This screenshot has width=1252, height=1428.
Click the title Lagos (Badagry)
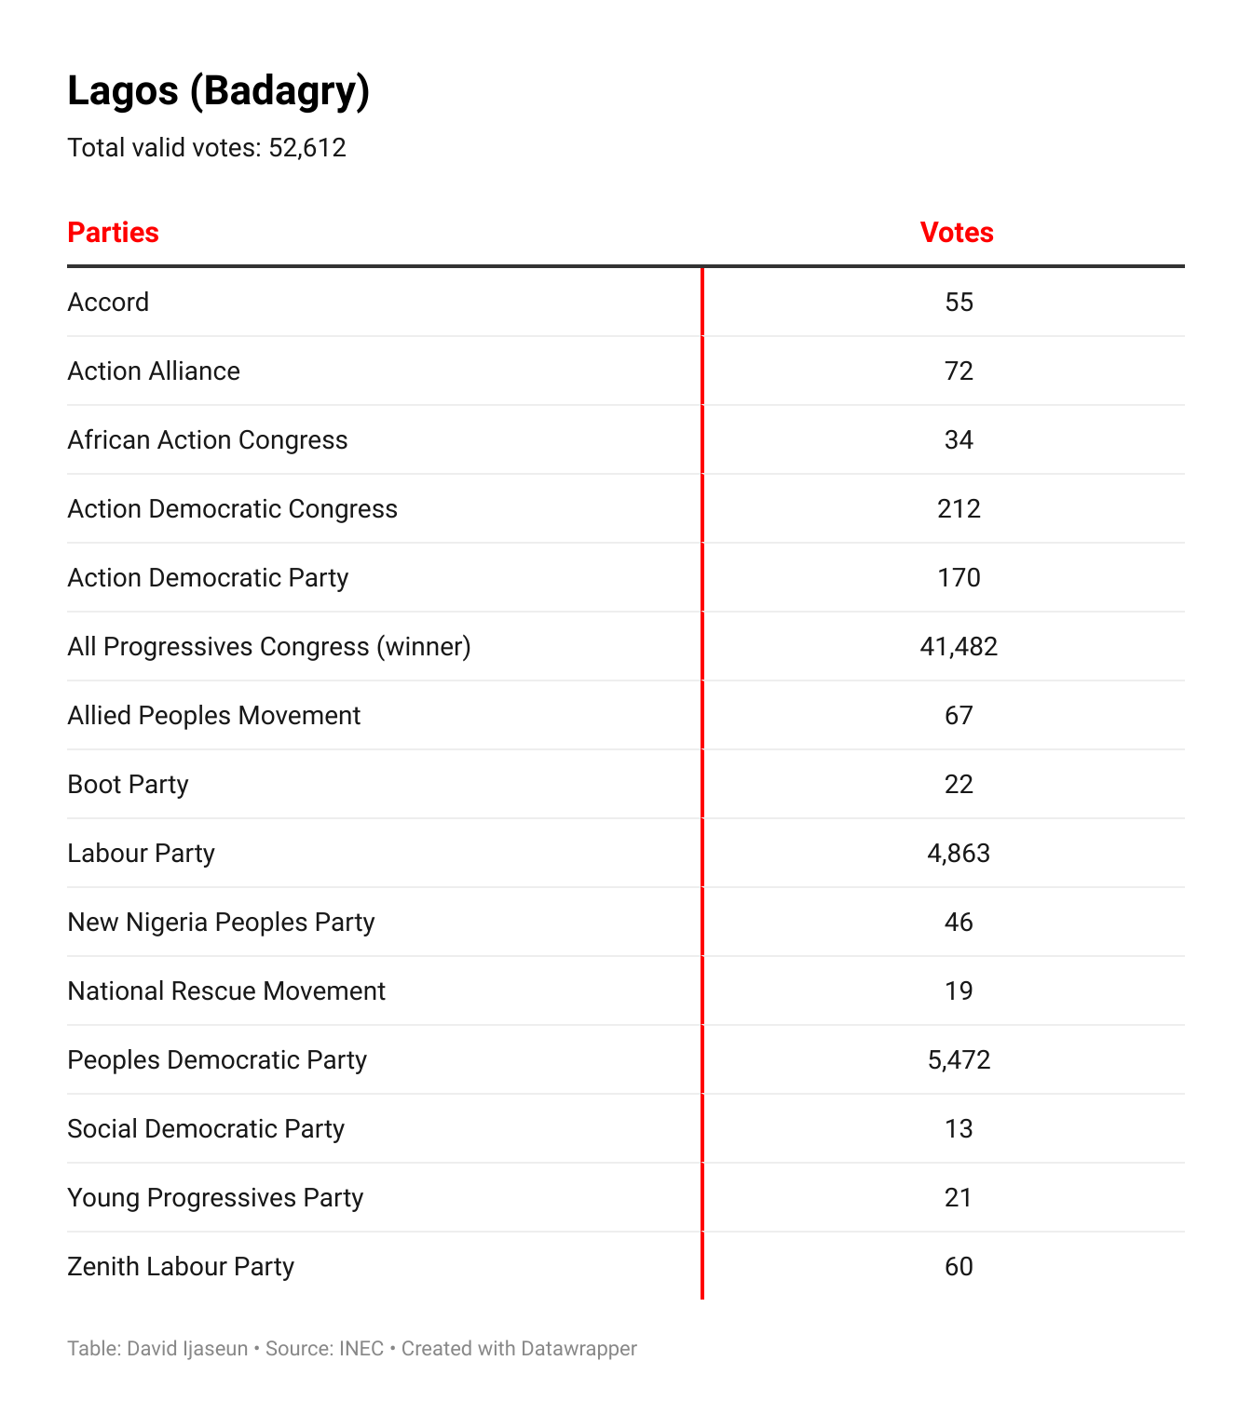(x=218, y=91)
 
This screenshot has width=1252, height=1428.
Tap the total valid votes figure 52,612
(x=307, y=148)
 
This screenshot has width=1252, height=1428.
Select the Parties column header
(x=113, y=232)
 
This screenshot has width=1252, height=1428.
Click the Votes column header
(x=957, y=232)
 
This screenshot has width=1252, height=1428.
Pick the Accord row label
(x=108, y=303)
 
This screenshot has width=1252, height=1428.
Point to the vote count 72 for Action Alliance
(x=959, y=371)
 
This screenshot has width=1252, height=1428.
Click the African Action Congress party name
(x=207, y=440)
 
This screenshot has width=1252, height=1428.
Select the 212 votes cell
(x=959, y=509)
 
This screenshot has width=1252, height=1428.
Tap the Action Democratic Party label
(x=208, y=578)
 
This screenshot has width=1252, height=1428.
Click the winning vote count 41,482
(x=959, y=647)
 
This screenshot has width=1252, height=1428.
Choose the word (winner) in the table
(x=424, y=647)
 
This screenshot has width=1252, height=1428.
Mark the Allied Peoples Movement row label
(x=213, y=716)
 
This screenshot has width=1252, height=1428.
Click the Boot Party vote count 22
(x=959, y=785)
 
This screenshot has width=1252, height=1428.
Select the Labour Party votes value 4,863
(x=959, y=854)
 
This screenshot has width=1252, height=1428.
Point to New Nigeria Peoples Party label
(x=221, y=923)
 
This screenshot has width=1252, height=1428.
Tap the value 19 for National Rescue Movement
(x=959, y=991)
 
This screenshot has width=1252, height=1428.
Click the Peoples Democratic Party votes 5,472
(x=959, y=1060)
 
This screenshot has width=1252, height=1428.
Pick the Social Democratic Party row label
(x=206, y=1129)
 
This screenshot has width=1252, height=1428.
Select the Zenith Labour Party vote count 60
(x=959, y=1267)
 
